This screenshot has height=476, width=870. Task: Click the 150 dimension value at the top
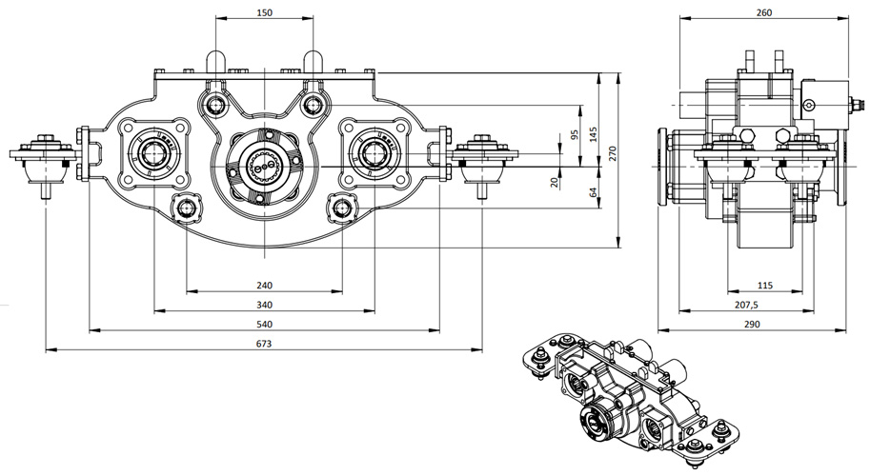(265, 12)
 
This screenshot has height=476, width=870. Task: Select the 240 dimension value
(265, 285)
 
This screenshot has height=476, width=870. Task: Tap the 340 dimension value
(265, 305)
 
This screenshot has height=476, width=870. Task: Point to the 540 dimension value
(265, 325)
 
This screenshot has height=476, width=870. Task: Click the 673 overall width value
(265, 344)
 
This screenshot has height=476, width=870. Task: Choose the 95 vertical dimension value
(574, 134)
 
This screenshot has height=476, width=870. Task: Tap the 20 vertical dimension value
(555, 181)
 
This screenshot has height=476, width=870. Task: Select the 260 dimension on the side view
(762, 12)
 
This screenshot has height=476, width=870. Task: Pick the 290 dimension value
(762, 325)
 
